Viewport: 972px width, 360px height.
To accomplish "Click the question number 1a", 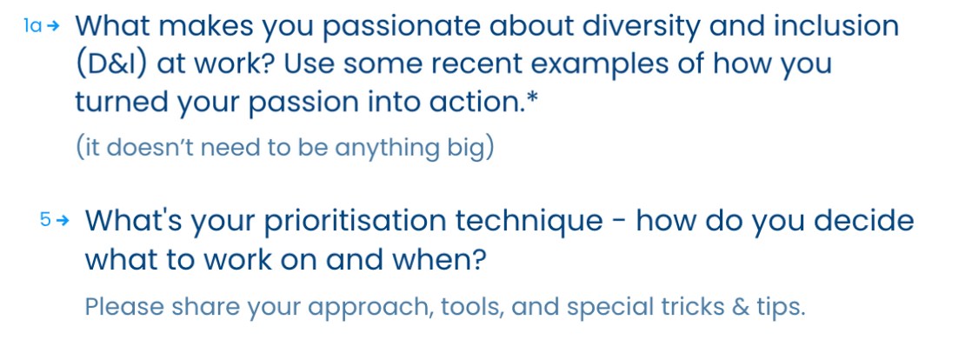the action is point(32,25).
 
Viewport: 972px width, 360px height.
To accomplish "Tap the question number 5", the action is point(45,220).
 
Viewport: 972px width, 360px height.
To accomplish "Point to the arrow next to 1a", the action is point(54,26).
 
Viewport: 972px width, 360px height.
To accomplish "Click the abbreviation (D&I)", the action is point(111,64).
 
